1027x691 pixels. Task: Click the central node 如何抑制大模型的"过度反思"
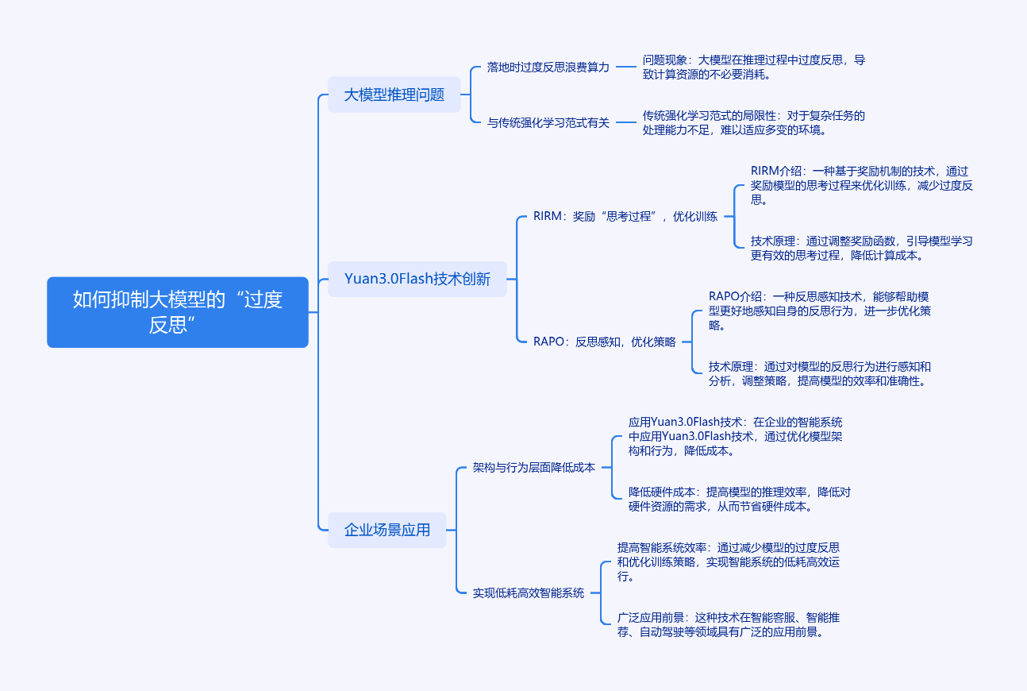(177, 312)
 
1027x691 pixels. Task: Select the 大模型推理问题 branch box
(394, 95)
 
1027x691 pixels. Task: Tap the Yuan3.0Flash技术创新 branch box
(417, 279)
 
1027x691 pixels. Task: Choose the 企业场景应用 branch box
(387, 530)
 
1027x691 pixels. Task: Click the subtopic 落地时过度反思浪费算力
(548, 68)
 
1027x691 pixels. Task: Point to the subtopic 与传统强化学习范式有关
(548, 123)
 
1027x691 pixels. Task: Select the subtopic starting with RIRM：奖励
(625, 216)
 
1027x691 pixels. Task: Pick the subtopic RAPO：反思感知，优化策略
(604, 342)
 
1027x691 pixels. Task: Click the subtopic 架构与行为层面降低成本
(533, 468)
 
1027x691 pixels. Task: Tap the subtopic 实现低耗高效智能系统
(528, 593)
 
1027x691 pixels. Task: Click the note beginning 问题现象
(753, 68)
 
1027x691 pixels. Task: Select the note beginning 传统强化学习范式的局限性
(753, 123)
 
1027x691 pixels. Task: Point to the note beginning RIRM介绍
(861, 185)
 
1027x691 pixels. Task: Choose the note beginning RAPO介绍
(819, 311)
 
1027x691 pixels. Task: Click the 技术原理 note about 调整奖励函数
(861, 248)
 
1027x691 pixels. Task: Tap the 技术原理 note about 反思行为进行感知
(819, 373)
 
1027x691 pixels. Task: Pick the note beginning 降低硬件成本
(739, 499)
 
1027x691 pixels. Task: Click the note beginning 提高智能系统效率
(728, 562)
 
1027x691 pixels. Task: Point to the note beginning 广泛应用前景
(729, 624)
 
